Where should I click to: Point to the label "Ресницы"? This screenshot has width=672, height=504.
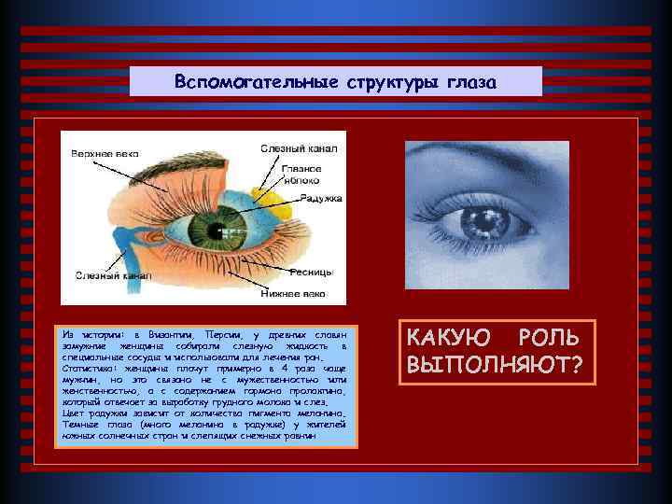coord(311,272)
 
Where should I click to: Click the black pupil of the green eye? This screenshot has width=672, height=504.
coord(210,226)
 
